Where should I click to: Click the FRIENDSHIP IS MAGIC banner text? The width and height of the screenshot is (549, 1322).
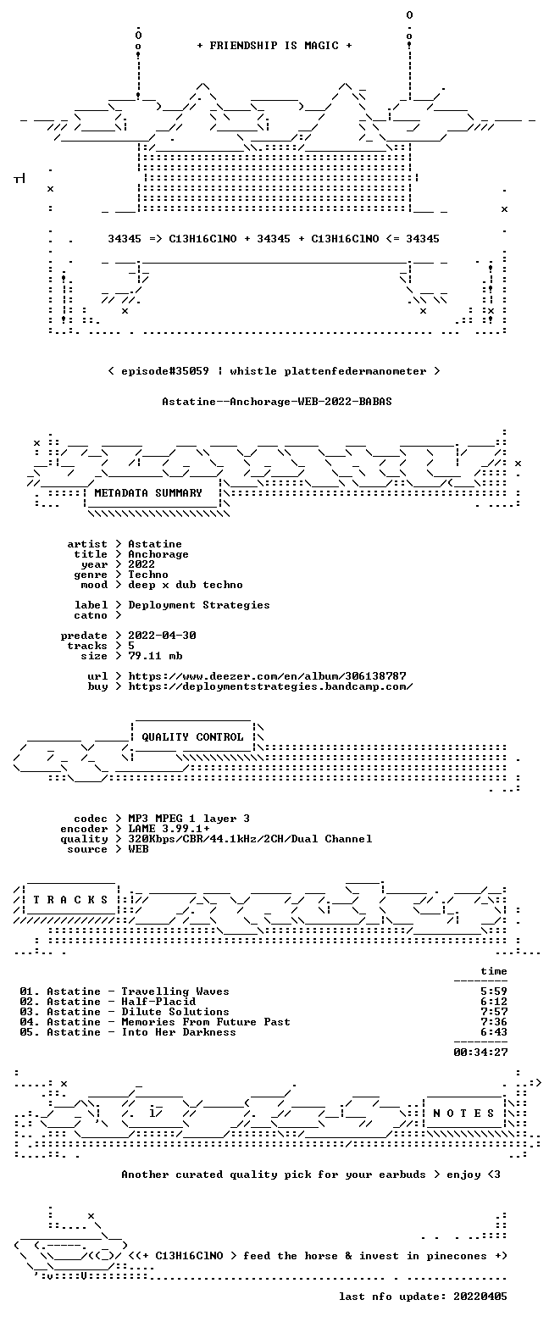pyautogui.click(x=274, y=46)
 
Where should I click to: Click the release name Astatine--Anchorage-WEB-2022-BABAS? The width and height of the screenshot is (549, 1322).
pyautogui.click(x=277, y=402)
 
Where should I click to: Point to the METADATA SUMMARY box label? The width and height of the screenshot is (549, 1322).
pyautogui.click(x=148, y=493)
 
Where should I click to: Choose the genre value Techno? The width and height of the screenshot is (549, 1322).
pyautogui.click(x=148, y=575)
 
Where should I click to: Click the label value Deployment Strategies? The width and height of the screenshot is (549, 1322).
pyautogui.click(x=199, y=606)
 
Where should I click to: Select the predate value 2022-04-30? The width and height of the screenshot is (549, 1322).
pyautogui.click(x=163, y=636)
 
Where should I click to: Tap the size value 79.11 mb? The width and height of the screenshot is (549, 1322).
pyautogui.click(x=155, y=656)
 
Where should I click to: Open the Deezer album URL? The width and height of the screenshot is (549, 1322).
pyautogui.click(x=268, y=675)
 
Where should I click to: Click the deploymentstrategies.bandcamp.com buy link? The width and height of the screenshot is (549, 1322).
pyautogui.click(x=270, y=686)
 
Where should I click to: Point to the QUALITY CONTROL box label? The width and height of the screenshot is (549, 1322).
pyautogui.click(x=192, y=737)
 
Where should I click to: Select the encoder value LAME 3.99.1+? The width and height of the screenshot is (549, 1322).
pyautogui.click(x=169, y=829)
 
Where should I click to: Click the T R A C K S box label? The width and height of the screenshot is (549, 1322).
pyautogui.click(x=71, y=900)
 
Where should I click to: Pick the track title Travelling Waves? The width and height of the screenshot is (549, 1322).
pyautogui.click(x=175, y=991)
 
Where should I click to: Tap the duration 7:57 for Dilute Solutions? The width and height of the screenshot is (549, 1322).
pyautogui.click(x=494, y=1012)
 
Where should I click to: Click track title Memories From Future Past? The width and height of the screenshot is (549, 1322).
pyautogui.click(x=206, y=1022)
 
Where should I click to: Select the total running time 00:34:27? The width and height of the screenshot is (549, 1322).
pyautogui.click(x=480, y=1053)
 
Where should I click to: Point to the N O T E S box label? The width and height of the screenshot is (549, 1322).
pyautogui.click(x=464, y=1114)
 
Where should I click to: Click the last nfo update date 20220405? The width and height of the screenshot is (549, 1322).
pyautogui.click(x=480, y=1297)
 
